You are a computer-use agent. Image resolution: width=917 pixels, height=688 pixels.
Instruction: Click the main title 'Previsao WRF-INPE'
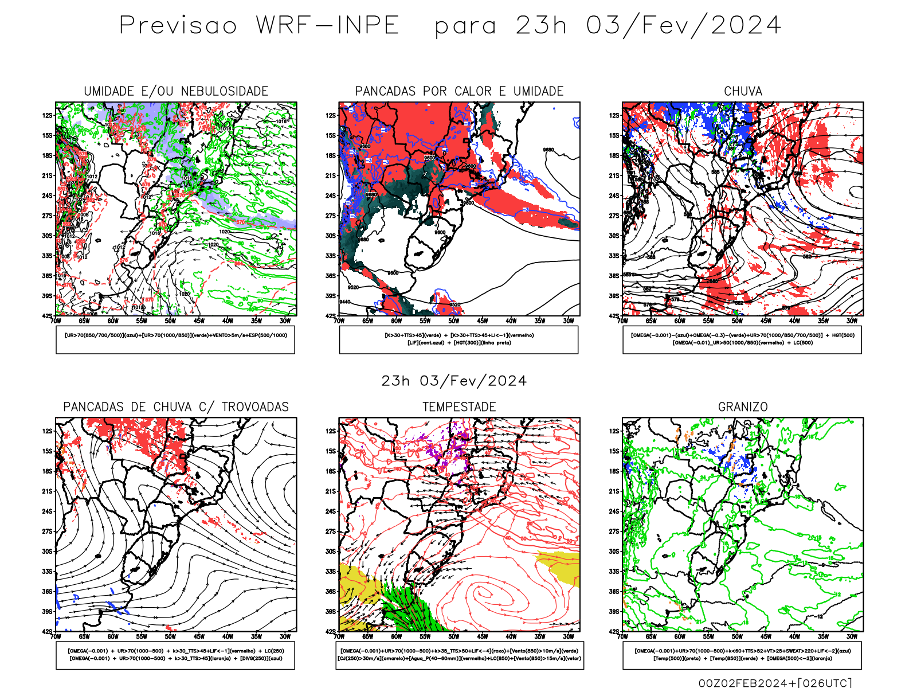click(x=258, y=26)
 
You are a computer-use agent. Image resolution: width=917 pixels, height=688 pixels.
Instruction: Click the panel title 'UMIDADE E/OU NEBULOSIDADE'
click(x=176, y=91)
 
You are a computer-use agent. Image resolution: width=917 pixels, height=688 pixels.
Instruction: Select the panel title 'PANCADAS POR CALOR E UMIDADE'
click(x=459, y=91)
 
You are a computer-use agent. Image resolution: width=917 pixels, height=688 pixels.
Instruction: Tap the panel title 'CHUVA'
click(x=743, y=91)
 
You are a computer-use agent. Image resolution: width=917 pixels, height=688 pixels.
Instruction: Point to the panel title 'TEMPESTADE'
click(x=459, y=407)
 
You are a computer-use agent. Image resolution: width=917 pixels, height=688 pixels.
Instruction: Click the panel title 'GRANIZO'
click(x=743, y=407)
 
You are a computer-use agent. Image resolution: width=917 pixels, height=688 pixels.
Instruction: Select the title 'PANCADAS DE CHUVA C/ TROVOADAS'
click(x=176, y=407)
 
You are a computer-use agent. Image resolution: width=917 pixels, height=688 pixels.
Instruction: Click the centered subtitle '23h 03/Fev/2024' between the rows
click(x=454, y=381)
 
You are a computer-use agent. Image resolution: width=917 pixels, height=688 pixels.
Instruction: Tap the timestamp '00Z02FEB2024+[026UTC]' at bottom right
click(x=775, y=682)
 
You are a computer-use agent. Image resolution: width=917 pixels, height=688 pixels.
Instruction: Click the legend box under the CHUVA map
click(x=742, y=339)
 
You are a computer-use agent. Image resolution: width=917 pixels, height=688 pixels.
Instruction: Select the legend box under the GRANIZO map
click(x=742, y=655)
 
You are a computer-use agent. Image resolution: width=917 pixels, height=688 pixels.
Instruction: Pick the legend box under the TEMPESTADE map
click(x=460, y=655)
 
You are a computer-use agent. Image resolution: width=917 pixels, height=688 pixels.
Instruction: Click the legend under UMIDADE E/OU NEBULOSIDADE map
click(x=175, y=339)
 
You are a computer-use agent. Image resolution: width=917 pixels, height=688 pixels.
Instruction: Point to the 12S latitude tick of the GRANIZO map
click(x=614, y=431)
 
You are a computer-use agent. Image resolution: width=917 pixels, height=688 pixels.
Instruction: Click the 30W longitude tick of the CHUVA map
click(x=852, y=321)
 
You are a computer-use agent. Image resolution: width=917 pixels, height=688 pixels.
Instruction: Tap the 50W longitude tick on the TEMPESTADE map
click(x=453, y=636)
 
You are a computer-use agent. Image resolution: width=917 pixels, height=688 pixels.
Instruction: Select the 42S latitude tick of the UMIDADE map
click(x=47, y=316)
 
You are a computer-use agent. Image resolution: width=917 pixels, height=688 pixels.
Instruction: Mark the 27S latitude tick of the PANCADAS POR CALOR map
click(x=331, y=216)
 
